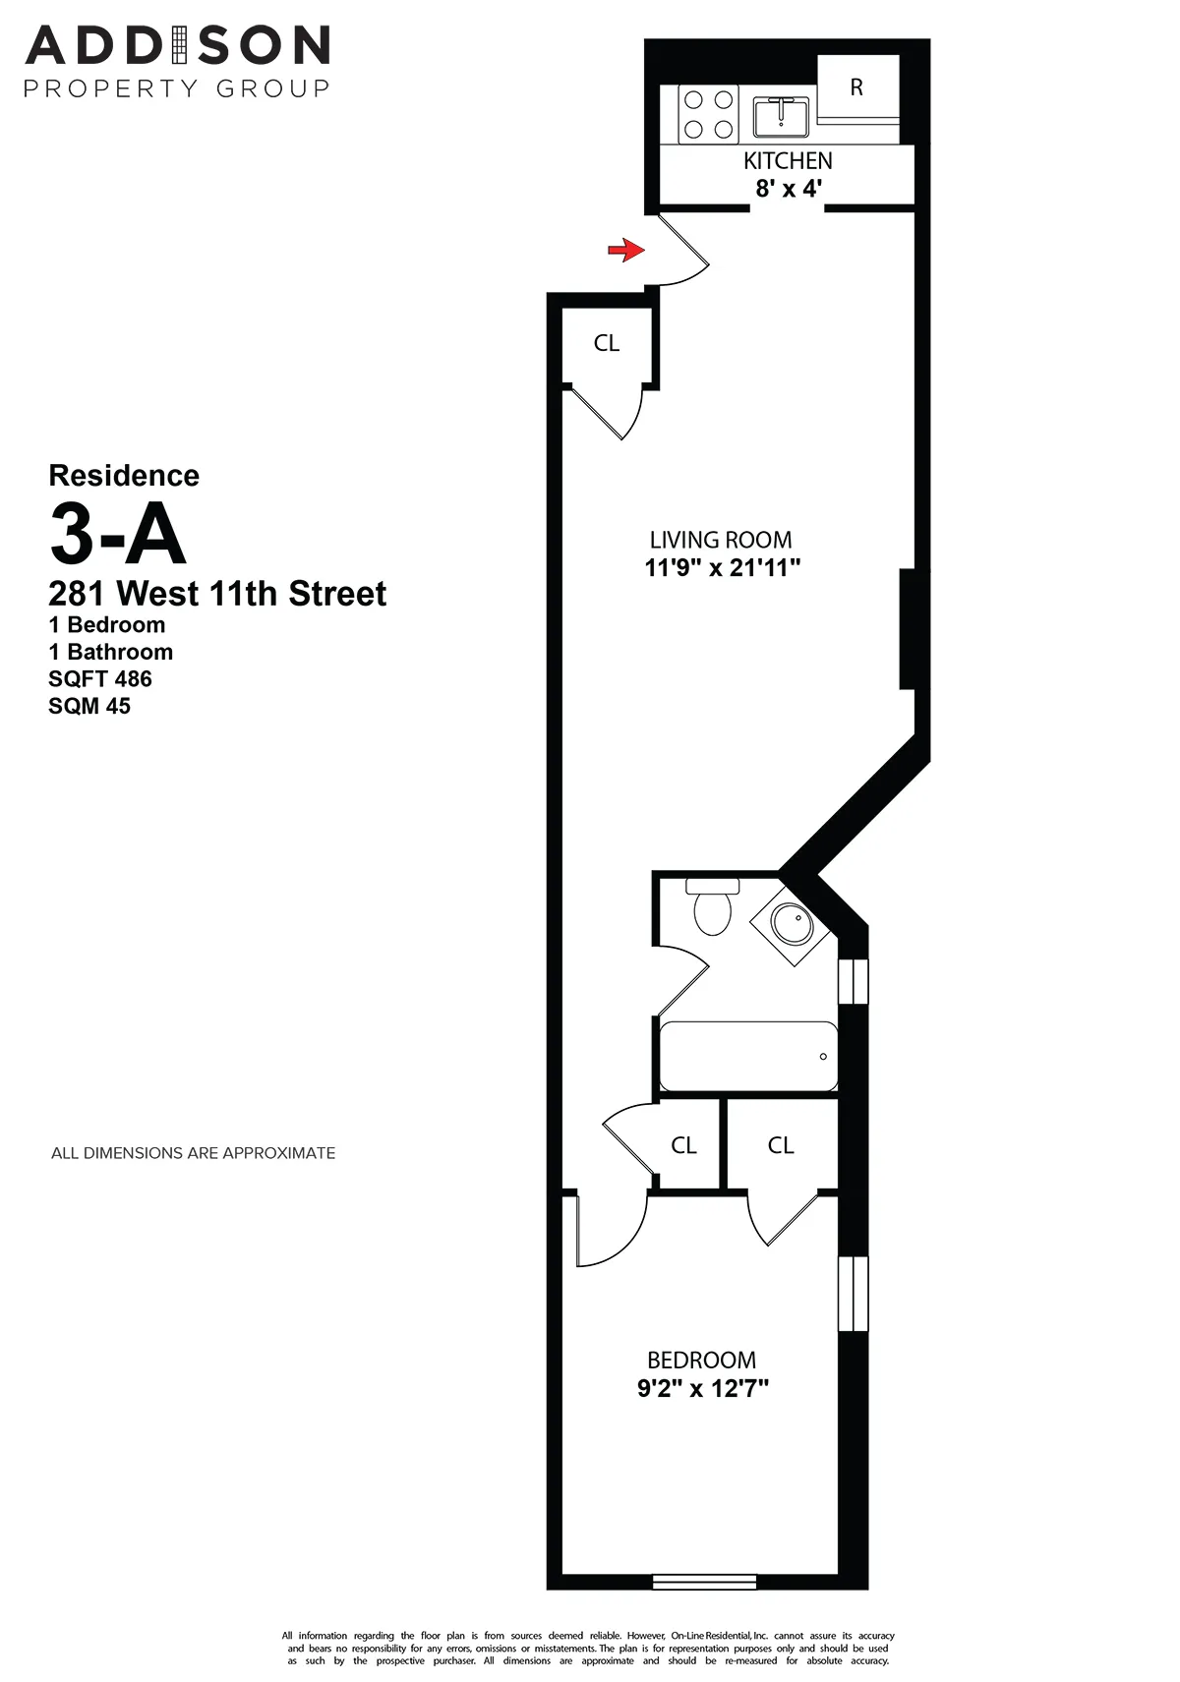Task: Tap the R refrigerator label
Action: pyautogui.click(x=856, y=87)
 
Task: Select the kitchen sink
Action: pyautogui.click(x=781, y=116)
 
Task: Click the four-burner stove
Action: pyautogui.click(x=709, y=114)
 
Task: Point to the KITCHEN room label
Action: pyautogui.click(x=788, y=161)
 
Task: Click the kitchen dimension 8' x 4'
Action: pyautogui.click(x=788, y=189)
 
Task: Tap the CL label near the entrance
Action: pyautogui.click(x=607, y=343)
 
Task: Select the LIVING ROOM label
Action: pyautogui.click(x=721, y=540)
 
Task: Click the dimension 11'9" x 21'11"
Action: pyautogui.click(x=723, y=568)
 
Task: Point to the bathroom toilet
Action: pyautogui.click(x=712, y=907)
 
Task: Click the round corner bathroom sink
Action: pyautogui.click(x=790, y=923)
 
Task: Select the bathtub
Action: pyautogui.click(x=748, y=1057)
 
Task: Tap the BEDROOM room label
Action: pyautogui.click(x=702, y=1361)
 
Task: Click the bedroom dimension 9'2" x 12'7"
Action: pyautogui.click(x=703, y=1389)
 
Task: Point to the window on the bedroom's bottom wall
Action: pyautogui.click(x=705, y=1582)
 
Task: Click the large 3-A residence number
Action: pyautogui.click(x=117, y=534)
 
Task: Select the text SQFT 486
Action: pyautogui.click(x=100, y=679)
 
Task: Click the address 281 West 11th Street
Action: pyautogui.click(x=217, y=594)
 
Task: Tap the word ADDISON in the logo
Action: pyautogui.click(x=177, y=46)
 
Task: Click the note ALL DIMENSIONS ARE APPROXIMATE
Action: pyautogui.click(x=194, y=1153)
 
